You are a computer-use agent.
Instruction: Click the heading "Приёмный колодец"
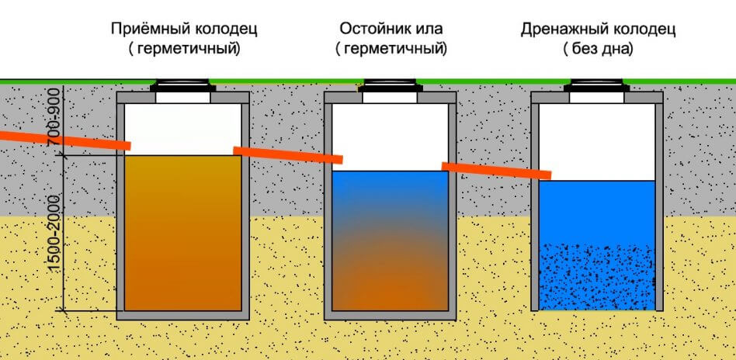184,29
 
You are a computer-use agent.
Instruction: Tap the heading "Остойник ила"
391,29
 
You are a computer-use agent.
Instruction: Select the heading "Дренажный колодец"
598,30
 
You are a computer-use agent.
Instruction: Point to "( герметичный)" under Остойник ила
391,49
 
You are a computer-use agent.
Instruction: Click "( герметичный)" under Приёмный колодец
184,49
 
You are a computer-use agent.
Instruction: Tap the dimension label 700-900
55,120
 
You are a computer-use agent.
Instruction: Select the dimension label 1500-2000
55,232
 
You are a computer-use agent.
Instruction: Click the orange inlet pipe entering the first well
64,140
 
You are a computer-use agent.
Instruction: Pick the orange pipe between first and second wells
288,155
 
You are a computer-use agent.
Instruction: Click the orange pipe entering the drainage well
496,171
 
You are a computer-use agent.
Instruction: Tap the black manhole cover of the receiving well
183,86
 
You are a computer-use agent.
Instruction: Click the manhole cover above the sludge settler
390,86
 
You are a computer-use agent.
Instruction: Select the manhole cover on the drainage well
596,86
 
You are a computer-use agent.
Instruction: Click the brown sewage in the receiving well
183,233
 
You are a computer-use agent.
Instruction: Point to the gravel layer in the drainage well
596,277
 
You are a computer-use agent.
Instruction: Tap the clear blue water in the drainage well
596,212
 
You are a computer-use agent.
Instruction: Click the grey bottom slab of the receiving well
183,315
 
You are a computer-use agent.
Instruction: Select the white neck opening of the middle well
390,98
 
